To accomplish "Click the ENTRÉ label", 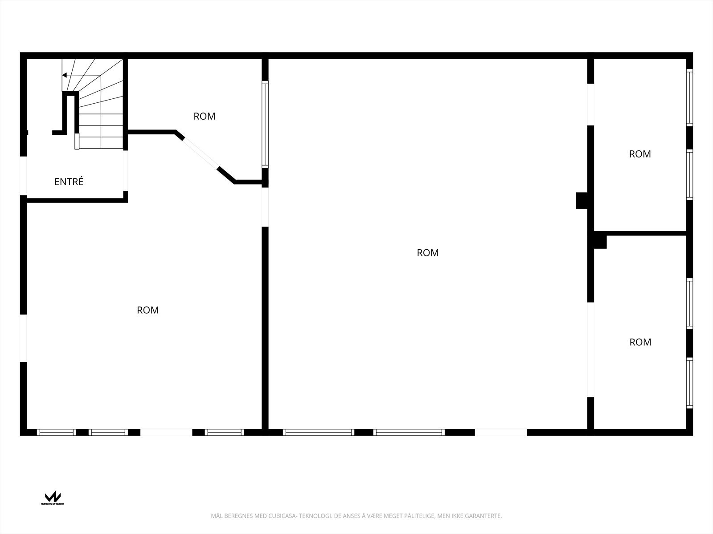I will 69,182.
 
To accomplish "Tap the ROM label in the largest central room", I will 427,253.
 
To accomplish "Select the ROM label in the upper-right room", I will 639,154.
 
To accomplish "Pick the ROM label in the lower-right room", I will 640,342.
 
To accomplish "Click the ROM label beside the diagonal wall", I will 204,116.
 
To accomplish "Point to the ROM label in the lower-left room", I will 148,310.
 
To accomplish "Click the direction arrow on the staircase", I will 65,75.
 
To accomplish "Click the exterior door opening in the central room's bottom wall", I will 500,432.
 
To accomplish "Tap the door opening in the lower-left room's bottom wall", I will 166,432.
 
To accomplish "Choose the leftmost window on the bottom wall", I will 56,432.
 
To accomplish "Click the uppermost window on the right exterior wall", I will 689,97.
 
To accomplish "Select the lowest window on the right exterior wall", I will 689,383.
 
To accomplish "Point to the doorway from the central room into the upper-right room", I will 590,104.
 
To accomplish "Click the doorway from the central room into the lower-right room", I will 590,349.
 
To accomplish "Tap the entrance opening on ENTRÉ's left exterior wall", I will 24,176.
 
